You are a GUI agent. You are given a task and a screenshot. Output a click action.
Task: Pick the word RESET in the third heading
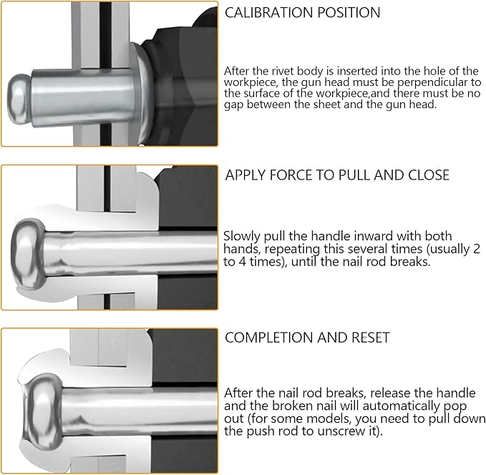click(370, 338)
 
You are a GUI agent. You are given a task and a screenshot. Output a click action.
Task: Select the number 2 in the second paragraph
click(477, 249)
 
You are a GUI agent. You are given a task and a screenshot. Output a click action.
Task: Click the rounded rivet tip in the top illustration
click(19, 99)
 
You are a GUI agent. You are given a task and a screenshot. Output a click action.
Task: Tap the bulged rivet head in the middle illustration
click(29, 254)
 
